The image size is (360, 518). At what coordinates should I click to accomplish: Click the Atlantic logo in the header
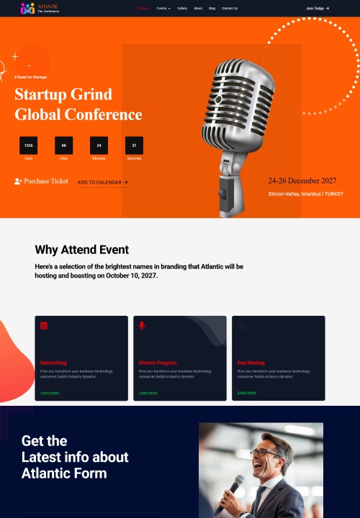pos(40,9)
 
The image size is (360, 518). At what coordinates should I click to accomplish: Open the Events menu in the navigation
pos(163,9)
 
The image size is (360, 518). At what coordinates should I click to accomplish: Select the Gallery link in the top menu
pos(182,9)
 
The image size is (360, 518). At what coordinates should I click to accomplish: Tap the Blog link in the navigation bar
pos(212,9)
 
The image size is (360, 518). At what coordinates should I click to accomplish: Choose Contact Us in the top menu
pos(230,9)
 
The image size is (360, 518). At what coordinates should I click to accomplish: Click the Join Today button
pos(318,9)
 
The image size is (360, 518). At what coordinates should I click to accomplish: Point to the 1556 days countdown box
pos(29,145)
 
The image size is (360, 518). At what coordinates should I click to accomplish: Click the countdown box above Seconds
pos(134,145)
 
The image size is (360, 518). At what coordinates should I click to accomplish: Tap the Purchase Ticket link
pos(41,181)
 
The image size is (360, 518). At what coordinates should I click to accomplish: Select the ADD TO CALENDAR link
pos(102,183)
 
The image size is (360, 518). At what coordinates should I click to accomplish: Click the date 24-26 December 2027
pos(302,181)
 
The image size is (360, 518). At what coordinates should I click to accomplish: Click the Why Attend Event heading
pos(81,250)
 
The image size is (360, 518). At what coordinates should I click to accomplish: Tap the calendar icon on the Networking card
pos(44,326)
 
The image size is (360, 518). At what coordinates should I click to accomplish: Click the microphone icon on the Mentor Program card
pos(142,326)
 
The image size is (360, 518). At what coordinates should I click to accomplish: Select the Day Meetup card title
pos(251,363)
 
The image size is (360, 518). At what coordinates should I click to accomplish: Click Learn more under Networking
pos(50,393)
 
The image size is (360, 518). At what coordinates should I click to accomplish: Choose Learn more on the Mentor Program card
pos(148,393)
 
